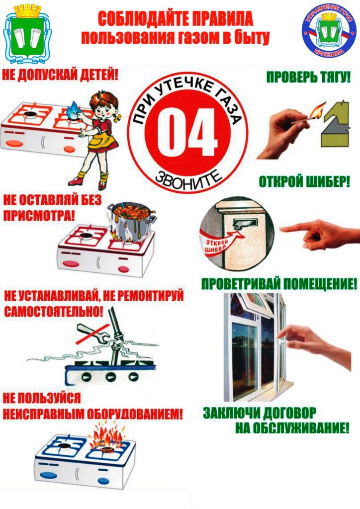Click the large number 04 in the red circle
click(187, 133)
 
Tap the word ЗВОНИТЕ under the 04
click(187, 179)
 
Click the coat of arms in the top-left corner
click(27, 34)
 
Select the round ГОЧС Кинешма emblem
click(329, 31)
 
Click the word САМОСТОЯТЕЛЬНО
click(53, 312)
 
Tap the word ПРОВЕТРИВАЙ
click(241, 284)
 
